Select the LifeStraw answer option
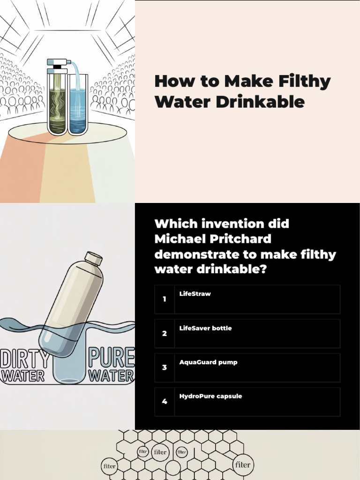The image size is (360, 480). (195, 294)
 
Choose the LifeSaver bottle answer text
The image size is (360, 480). (205, 328)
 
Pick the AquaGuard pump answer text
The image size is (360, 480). (208, 362)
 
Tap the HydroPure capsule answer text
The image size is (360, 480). (210, 396)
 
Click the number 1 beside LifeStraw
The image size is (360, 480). (164, 299)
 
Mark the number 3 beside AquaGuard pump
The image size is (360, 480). (164, 367)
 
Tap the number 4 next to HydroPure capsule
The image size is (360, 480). (164, 402)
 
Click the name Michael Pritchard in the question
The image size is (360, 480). (213, 239)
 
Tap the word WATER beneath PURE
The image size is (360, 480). (112, 375)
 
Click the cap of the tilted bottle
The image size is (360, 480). (94, 258)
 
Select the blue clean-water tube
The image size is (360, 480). (77, 108)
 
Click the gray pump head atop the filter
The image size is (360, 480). (58, 62)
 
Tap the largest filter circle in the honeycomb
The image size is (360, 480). (243, 465)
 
